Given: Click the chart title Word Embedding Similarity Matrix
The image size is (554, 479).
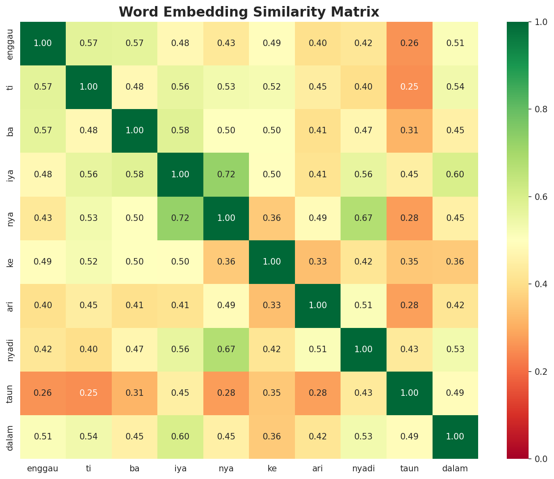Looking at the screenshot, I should [249, 12].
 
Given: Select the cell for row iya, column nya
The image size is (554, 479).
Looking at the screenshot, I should [226, 174].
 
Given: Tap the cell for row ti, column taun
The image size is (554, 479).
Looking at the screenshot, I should [410, 87].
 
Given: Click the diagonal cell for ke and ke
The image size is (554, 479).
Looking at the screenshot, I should [272, 262].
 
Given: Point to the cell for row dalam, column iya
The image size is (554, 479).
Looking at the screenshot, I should [180, 437].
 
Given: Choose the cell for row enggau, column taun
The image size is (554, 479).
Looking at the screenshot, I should [410, 43].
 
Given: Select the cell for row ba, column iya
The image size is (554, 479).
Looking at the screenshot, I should [180, 130].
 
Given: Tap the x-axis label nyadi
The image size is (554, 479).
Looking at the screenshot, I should [364, 468].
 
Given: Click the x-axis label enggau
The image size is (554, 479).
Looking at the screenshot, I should [43, 468].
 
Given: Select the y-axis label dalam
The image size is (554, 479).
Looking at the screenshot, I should [11, 437].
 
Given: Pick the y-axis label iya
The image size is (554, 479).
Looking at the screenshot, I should [11, 174].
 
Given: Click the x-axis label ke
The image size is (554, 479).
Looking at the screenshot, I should [272, 468].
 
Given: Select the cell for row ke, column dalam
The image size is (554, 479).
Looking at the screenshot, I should [455, 262].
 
